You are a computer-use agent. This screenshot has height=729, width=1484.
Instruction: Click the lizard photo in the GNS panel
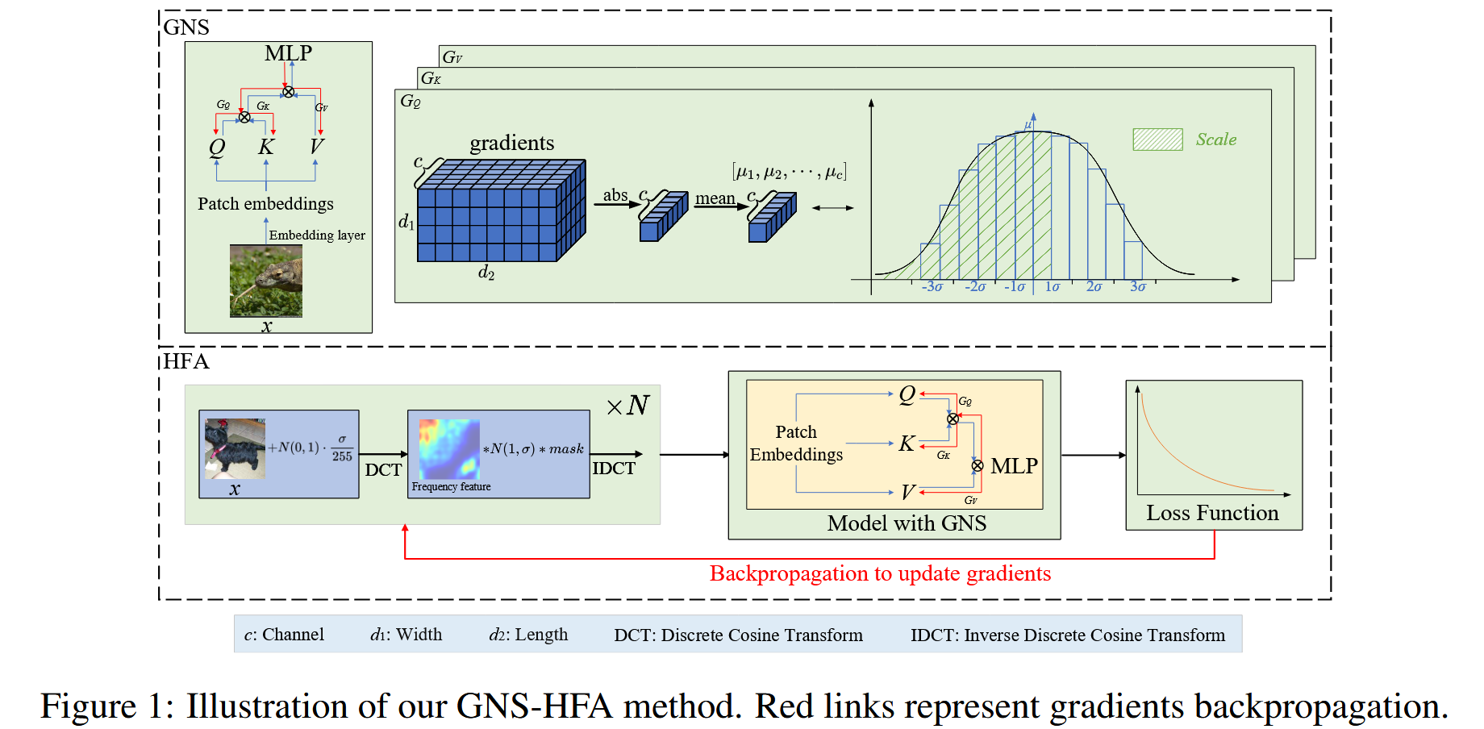click(x=265, y=281)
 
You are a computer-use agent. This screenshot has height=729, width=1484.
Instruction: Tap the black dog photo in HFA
click(x=234, y=448)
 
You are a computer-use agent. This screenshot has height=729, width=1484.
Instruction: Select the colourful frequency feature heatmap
click(x=449, y=449)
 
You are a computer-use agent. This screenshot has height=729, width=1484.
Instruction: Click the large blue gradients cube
click(x=500, y=211)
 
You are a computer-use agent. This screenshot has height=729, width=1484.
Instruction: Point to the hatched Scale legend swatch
click(x=1157, y=140)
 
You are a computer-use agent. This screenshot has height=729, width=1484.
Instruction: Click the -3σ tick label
click(x=932, y=287)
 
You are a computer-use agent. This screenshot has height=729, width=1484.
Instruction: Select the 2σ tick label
click(x=1094, y=287)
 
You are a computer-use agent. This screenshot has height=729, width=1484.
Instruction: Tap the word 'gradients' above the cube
click(x=512, y=144)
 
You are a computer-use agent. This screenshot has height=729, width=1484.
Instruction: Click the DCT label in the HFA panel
click(x=383, y=470)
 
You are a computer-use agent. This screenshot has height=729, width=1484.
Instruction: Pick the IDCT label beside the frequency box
click(x=614, y=469)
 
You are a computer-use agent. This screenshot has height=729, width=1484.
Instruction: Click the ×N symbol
click(x=628, y=406)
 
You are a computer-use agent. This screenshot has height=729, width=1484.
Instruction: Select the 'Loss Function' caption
click(x=1212, y=514)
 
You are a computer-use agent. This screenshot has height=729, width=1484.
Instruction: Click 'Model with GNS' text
click(x=907, y=524)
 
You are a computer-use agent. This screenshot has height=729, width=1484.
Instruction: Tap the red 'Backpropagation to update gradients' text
click(x=880, y=573)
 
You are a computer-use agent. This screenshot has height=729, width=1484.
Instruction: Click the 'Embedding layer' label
click(x=317, y=235)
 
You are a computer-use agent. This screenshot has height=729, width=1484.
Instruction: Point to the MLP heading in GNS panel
click(x=288, y=54)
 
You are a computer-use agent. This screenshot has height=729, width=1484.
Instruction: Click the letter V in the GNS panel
click(x=316, y=147)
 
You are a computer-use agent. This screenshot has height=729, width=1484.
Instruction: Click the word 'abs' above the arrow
click(x=615, y=195)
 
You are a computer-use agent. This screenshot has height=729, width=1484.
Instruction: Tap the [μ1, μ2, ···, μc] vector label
click(x=789, y=173)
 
